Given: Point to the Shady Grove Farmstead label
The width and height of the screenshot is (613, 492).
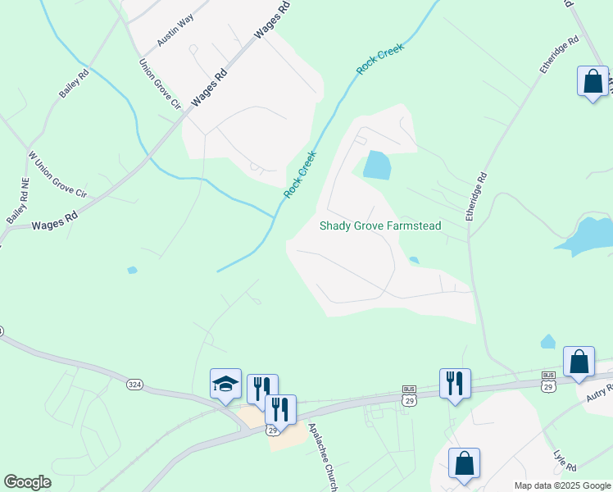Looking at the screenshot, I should click(x=380, y=225).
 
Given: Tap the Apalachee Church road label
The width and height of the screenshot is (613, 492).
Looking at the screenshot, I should click(x=323, y=458).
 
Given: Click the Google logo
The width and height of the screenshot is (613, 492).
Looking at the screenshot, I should click(x=27, y=482).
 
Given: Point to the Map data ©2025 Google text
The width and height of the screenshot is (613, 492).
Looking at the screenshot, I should click(x=561, y=485).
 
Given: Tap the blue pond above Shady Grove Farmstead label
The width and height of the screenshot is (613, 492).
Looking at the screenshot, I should click(x=376, y=166).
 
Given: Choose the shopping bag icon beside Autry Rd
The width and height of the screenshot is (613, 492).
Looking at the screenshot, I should click(x=579, y=362).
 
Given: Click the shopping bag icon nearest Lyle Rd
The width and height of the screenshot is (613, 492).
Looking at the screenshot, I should click(x=464, y=463).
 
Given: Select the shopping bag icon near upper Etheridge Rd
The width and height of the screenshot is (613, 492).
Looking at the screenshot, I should click(x=593, y=82).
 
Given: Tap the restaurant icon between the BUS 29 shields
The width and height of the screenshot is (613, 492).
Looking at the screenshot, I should click(x=455, y=384).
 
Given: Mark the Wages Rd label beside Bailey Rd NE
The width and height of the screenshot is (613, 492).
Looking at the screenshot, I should click(x=54, y=221).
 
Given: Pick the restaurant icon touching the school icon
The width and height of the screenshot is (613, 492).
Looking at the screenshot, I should click(x=262, y=389).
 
